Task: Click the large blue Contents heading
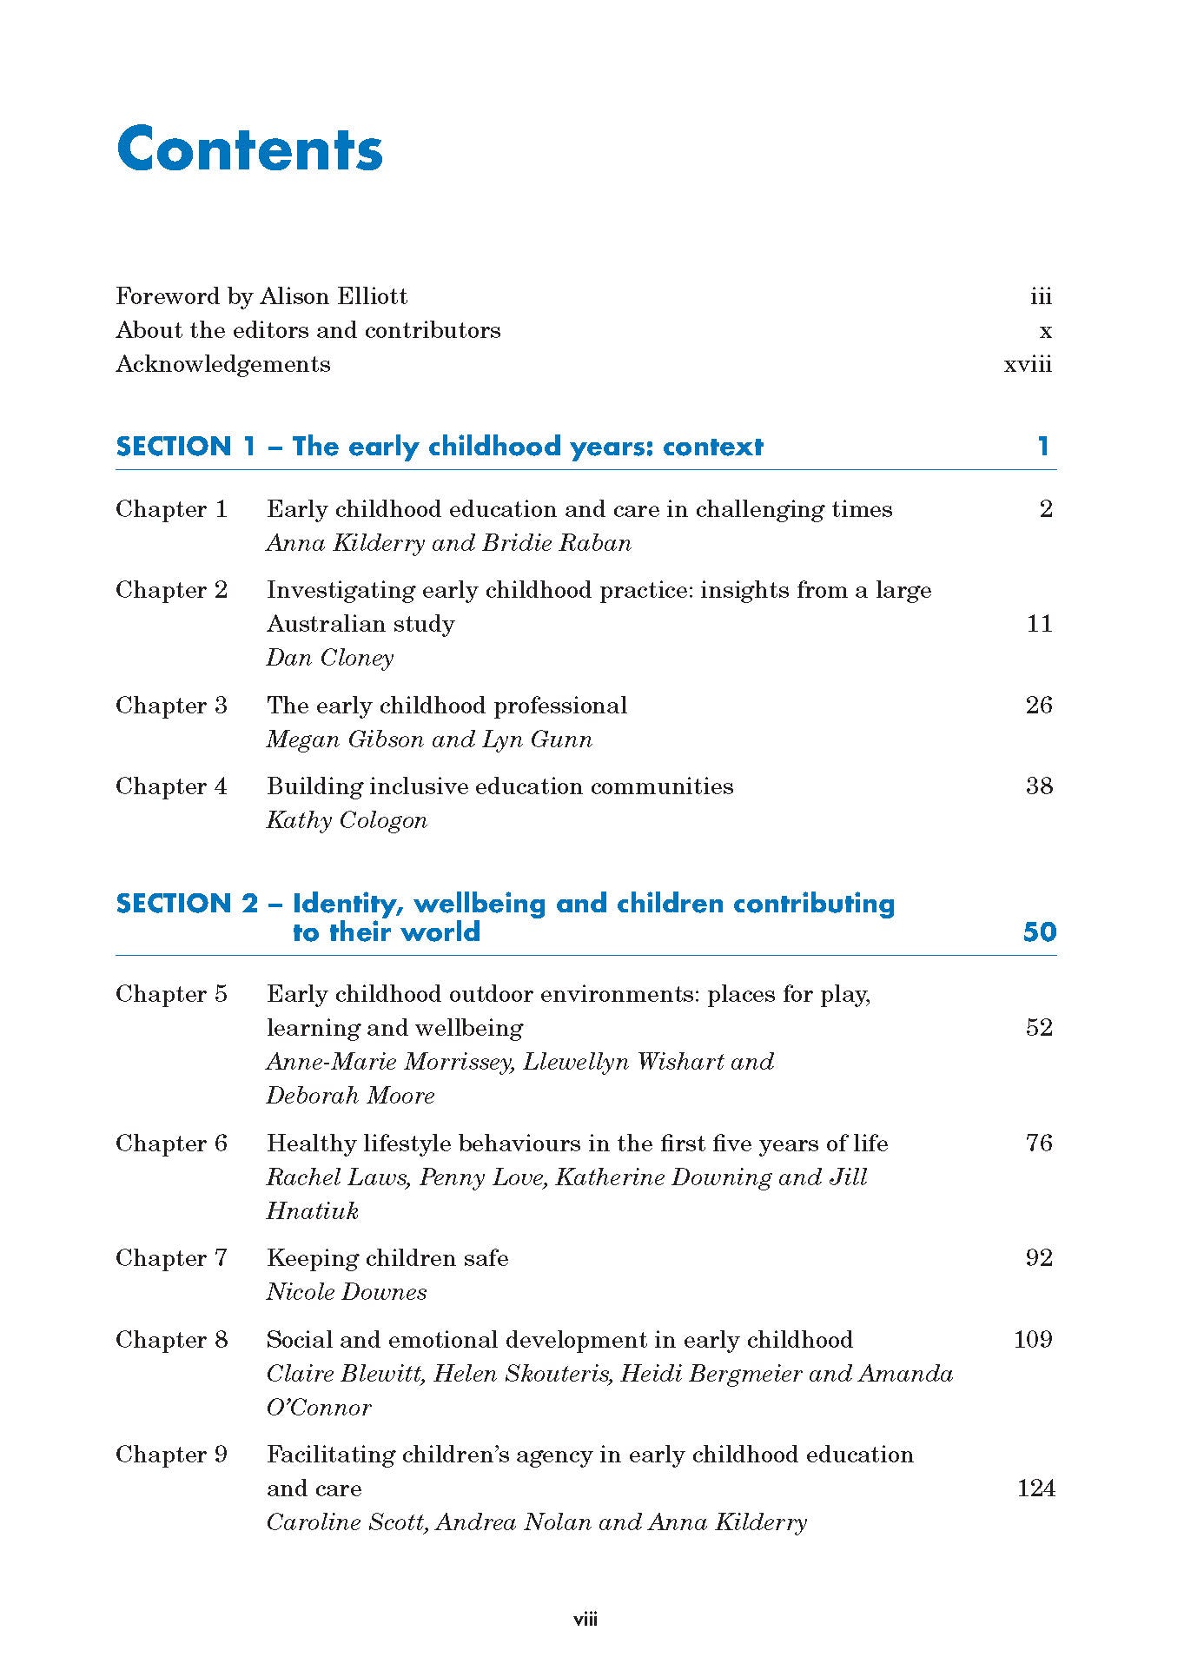tap(249, 149)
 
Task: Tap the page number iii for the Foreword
tap(1041, 297)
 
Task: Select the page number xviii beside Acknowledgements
tap(1028, 365)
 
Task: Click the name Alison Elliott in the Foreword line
tap(334, 296)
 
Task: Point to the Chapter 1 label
tap(171, 509)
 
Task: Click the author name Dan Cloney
tap(330, 658)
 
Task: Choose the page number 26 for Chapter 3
tap(1039, 705)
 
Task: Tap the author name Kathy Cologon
tap(347, 820)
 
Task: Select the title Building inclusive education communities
tap(499, 786)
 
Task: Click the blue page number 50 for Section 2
tap(1040, 932)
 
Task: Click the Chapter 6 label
tap(171, 1143)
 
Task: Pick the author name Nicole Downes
tap(347, 1292)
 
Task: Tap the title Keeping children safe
tap(387, 1258)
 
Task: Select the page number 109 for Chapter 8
tap(1033, 1339)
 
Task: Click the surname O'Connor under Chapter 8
tap(319, 1408)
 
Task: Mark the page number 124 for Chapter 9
tap(1035, 1488)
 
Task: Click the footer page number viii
tap(585, 1620)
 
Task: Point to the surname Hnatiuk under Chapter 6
tap(312, 1211)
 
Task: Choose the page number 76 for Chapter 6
tap(1039, 1143)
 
